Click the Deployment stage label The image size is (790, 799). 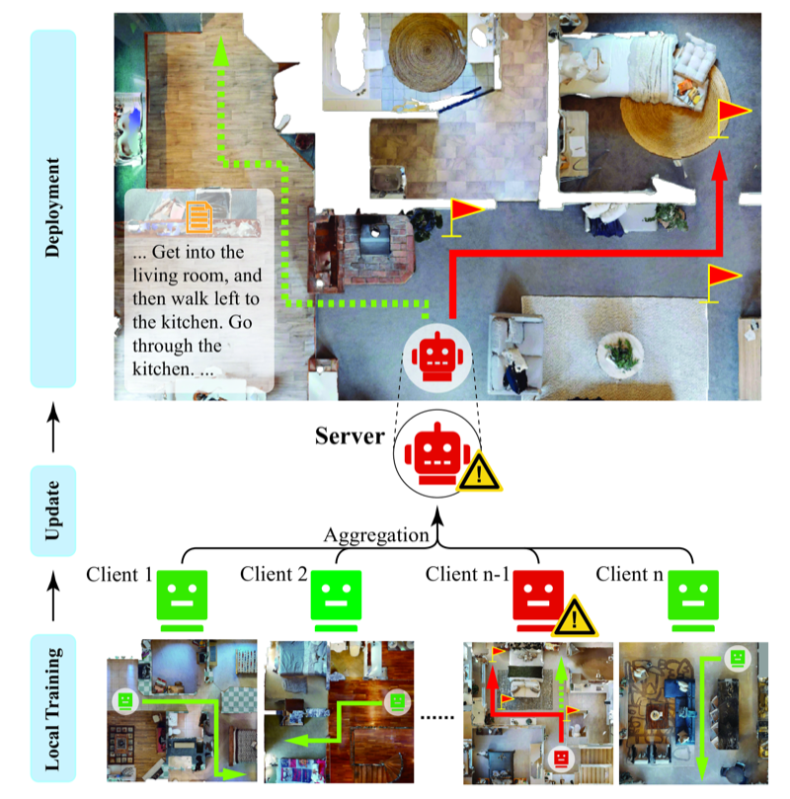point(53,208)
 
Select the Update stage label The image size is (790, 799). point(53,511)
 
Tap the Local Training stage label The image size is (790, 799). point(53,709)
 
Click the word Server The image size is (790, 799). point(350,437)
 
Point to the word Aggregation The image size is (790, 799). point(376,535)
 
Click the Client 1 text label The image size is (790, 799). point(119,574)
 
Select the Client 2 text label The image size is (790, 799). point(274,574)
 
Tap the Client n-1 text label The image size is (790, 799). point(467,574)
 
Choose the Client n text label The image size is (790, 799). point(629,574)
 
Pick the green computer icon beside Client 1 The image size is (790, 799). point(182,600)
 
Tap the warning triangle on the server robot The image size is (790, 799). point(479,472)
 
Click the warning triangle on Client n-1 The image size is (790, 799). point(575,616)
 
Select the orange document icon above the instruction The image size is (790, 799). point(199,217)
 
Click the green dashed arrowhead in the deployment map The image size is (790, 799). point(221,51)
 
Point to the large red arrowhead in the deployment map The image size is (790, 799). point(719,166)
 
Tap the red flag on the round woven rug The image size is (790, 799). point(731,119)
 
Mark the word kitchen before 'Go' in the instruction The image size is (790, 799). point(190,322)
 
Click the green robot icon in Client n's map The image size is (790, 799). point(738,658)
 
